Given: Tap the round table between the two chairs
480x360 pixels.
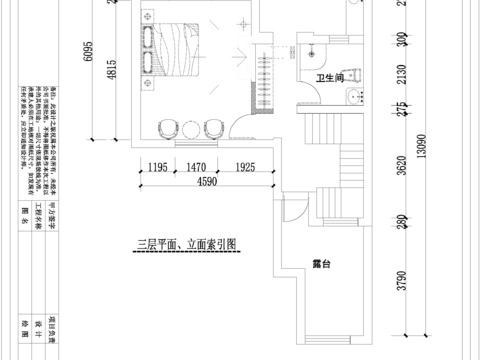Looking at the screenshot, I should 190,129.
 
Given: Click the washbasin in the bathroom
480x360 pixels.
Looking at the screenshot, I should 353,96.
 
